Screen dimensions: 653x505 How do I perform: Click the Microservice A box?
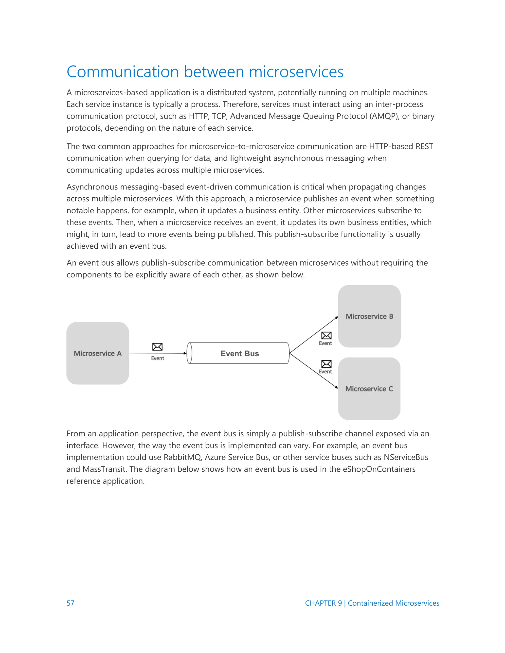pos(98,353)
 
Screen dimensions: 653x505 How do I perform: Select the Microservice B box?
pos(369,316)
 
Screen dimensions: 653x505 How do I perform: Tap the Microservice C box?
pos(369,389)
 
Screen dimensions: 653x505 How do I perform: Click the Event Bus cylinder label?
pos(240,353)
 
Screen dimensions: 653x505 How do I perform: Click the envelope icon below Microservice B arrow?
pos(326,335)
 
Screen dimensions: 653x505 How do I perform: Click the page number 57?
pos(70,603)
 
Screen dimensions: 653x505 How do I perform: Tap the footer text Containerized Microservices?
pos(393,603)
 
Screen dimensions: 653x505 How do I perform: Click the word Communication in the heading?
pos(123,72)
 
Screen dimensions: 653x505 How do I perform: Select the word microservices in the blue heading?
pos(296,72)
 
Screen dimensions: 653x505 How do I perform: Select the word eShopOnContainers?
pos(379,469)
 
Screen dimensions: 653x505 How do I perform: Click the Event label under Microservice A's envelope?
pos(157,358)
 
